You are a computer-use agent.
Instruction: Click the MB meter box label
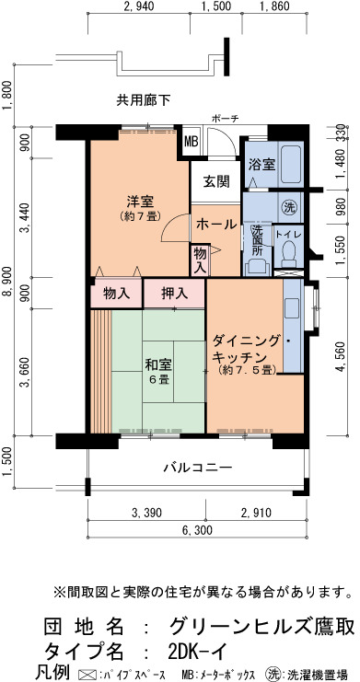[192, 142]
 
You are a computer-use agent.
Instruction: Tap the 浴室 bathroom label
[261, 164]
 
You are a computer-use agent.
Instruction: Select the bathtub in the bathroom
[290, 165]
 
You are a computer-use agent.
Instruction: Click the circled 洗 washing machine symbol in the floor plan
[289, 207]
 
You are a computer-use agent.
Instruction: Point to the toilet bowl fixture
[288, 254]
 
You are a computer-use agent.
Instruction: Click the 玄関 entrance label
[216, 182]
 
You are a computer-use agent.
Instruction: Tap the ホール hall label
[216, 225]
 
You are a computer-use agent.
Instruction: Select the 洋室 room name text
[140, 202]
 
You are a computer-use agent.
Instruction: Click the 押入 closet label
[175, 294]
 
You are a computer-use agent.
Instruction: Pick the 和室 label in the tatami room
[158, 364]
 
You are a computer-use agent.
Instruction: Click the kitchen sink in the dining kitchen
[291, 309]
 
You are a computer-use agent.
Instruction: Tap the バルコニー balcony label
[198, 468]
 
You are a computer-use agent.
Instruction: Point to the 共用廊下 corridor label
[144, 100]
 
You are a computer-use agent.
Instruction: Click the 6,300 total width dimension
[197, 530]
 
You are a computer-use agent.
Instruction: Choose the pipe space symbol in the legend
[88, 674]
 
